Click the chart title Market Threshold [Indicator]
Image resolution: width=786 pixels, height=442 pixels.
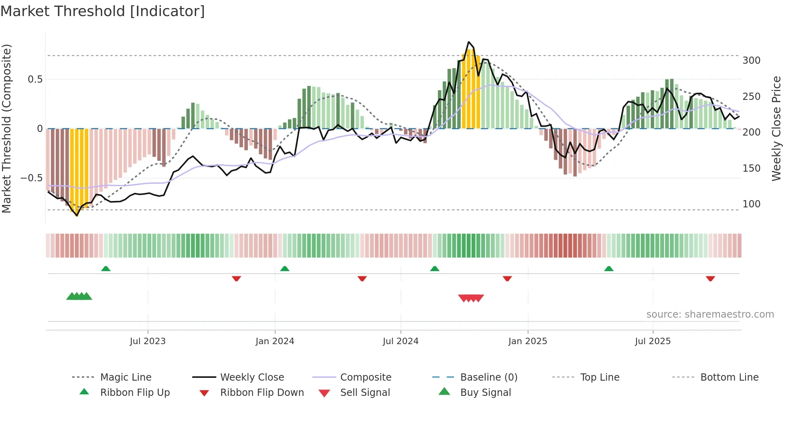(103, 11)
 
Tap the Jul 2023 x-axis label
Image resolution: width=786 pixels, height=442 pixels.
(148, 341)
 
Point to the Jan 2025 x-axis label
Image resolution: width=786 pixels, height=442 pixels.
(527, 341)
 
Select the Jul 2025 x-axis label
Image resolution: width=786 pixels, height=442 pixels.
(652, 341)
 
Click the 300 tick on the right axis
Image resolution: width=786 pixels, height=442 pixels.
(751, 61)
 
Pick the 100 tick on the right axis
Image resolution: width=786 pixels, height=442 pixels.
(751, 204)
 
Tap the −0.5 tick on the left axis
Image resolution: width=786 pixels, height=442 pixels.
(31, 178)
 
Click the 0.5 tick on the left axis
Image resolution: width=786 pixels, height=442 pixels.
(35, 79)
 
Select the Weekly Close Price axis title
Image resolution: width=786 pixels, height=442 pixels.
(776, 128)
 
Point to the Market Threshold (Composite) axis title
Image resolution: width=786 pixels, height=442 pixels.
(6, 128)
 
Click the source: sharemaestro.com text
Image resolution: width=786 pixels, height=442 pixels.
(710, 314)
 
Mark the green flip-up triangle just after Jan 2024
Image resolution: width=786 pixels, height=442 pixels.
(285, 269)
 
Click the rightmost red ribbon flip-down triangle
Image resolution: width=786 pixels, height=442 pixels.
(710, 278)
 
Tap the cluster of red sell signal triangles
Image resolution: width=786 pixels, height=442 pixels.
(471, 298)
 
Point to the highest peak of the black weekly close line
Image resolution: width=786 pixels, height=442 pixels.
(468, 42)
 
